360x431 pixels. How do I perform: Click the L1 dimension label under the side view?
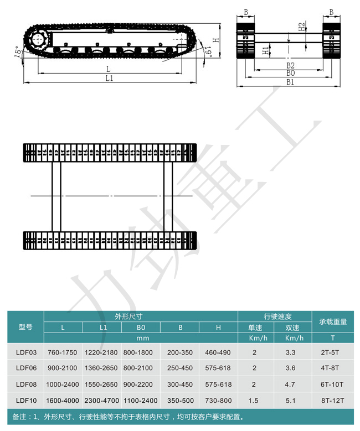[x=109, y=79]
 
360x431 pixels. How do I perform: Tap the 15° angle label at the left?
[x=18, y=52]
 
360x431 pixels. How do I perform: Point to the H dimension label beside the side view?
[x=217, y=40]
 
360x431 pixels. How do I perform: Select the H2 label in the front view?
[x=302, y=27]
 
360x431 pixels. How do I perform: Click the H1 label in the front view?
[x=266, y=50]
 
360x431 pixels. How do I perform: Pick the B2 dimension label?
[x=290, y=65]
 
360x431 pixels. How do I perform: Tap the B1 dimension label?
[x=290, y=82]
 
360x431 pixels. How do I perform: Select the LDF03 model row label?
[x=26, y=352]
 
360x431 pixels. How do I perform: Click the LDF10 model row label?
[x=26, y=401]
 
